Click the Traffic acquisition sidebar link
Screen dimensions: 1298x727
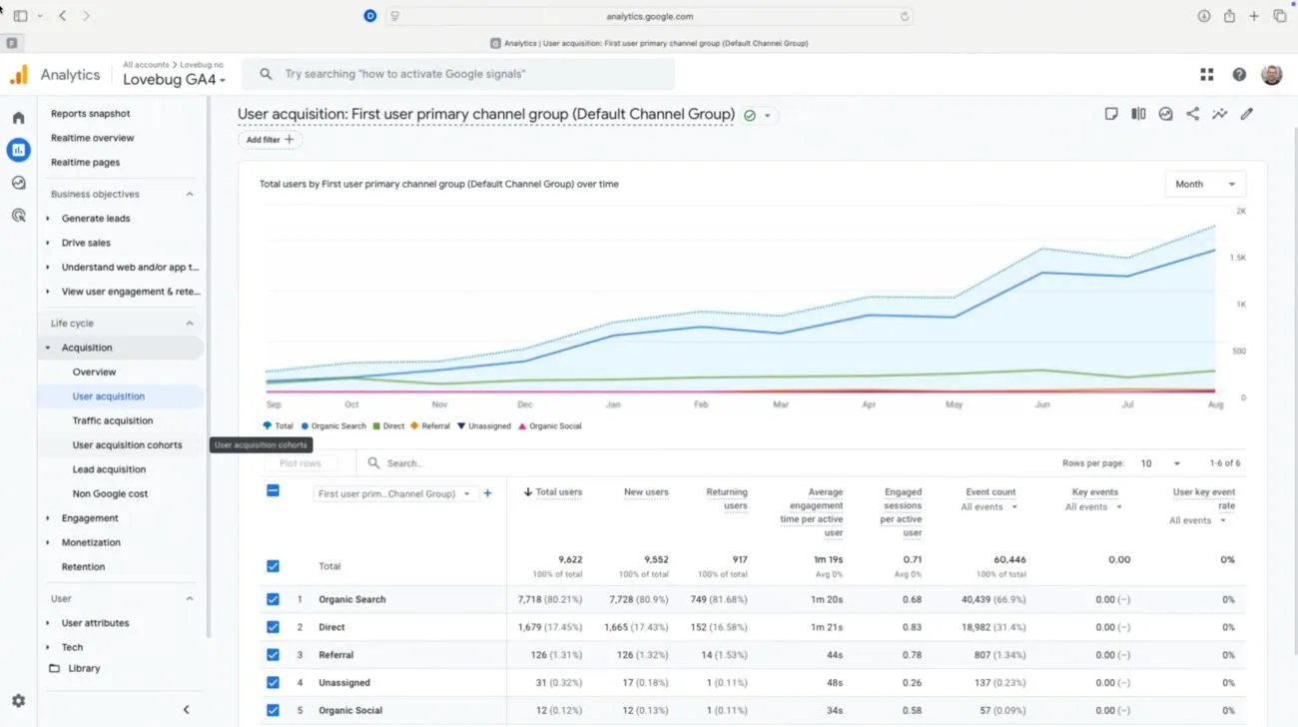tap(113, 420)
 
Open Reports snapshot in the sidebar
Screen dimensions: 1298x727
tap(91, 113)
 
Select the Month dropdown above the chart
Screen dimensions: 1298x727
tap(1205, 184)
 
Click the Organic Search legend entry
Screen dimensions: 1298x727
tap(333, 425)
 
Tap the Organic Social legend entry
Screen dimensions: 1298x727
tap(550, 425)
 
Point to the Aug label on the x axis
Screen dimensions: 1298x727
tap(1215, 404)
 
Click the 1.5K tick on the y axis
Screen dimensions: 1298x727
tap(1238, 258)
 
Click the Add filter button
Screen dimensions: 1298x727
tap(270, 139)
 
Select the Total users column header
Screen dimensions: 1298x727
tap(553, 491)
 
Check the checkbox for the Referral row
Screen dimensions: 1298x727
tap(273, 654)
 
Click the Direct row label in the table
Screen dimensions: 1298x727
tap(331, 627)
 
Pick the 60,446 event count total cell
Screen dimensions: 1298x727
tap(1009, 559)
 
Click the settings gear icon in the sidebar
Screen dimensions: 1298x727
tap(19, 700)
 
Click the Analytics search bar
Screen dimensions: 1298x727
tap(457, 74)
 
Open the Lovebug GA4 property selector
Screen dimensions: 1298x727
tap(174, 79)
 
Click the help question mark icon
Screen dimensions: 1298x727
tap(1239, 74)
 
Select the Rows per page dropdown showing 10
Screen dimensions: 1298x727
tap(1160, 463)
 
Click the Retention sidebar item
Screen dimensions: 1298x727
tap(84, 566)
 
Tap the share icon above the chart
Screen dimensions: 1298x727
tap(1192, 114)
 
